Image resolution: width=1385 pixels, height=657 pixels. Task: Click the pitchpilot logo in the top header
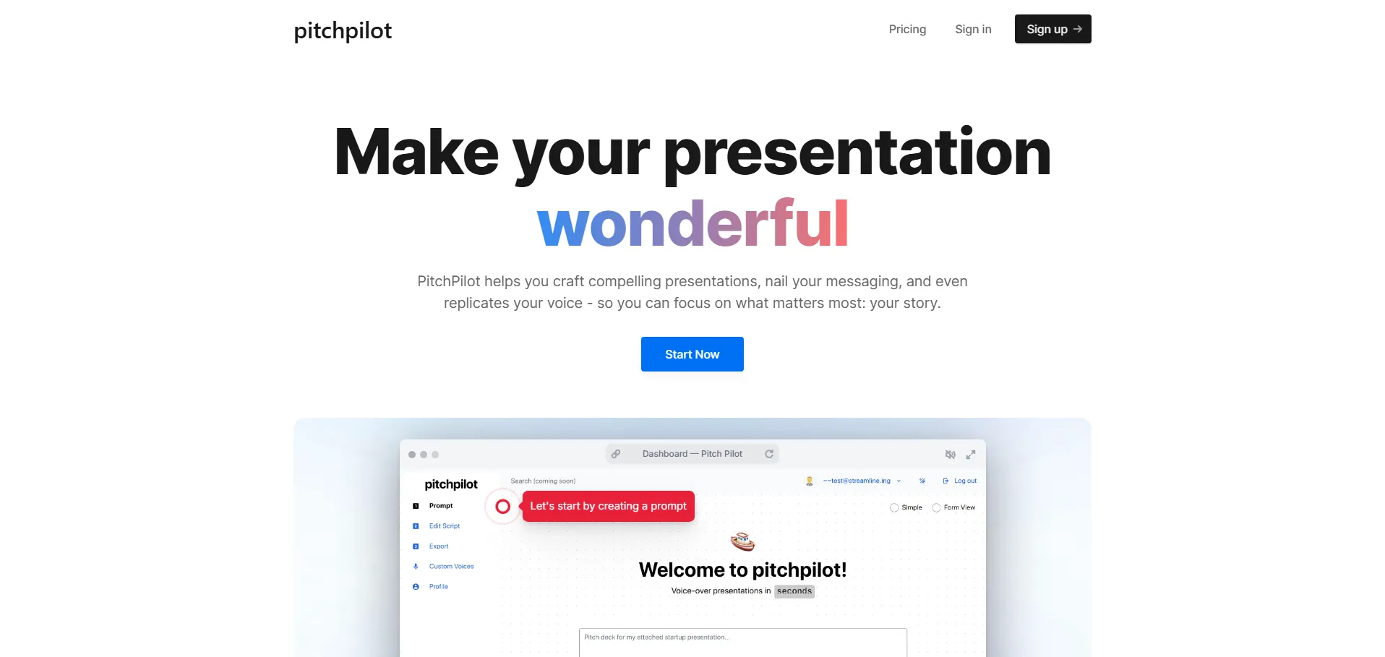(x=343, y=30)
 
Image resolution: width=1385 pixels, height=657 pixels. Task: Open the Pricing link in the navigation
(x=907, y=29)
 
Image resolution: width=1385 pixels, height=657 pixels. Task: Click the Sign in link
(x=973, y=29)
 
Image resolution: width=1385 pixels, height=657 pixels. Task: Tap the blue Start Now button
(x=692, y=354)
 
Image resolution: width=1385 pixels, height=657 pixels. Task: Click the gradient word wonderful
(x=692, y=223)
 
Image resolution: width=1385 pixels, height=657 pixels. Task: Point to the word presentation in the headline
(x=857, y=153)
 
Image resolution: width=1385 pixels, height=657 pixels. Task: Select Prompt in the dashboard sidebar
(x=441, y=506)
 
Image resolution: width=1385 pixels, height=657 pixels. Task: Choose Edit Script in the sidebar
(x=445, y=526)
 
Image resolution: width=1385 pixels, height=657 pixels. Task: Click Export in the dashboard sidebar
(x=439, y=546)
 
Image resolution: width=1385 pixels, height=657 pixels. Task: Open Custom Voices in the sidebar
(x=452, y=567)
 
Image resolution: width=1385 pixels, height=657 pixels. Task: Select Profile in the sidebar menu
(x=439, y=587)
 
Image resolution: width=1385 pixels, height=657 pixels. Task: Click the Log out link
(x=965, y=481)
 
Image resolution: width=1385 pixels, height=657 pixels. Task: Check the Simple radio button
(x=894, y=507)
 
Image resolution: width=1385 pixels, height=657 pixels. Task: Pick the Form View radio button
(x=936, y=507)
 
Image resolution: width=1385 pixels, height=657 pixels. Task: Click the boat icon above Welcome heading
(x=742, y=541)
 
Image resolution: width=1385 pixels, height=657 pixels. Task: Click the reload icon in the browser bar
(x=769, y=454)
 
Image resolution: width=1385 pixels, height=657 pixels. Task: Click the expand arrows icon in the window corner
(x=971, y=455)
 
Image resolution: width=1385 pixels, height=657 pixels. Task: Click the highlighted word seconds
(x=794, y=591)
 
